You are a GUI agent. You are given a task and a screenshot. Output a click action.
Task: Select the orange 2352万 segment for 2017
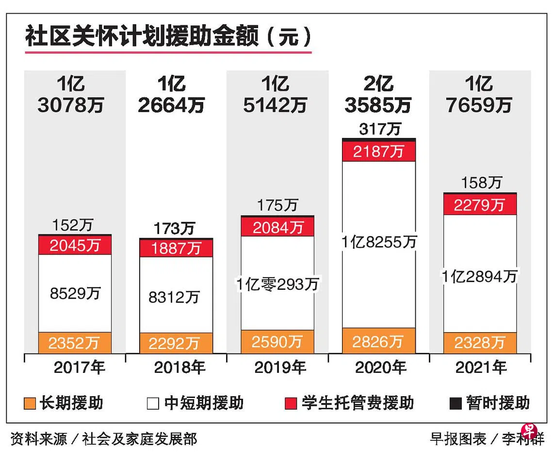75,343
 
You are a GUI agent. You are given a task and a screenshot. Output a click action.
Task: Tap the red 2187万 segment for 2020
378,152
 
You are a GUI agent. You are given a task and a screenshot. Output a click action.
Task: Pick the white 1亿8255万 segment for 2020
378,243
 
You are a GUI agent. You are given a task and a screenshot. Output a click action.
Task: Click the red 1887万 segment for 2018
176,248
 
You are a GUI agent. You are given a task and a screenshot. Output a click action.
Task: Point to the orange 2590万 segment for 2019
277,341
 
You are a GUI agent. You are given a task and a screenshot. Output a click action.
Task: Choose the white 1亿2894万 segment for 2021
479,276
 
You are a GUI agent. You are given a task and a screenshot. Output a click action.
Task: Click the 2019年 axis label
280,368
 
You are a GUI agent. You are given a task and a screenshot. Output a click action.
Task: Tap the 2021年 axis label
481,368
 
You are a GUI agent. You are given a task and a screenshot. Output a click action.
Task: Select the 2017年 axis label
79,368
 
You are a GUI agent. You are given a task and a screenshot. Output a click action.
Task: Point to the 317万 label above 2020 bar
380,129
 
